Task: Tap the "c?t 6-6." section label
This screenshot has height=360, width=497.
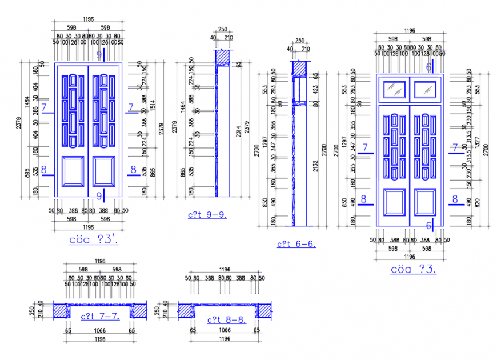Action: (297, 244)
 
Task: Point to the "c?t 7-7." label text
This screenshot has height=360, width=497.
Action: (99, 316)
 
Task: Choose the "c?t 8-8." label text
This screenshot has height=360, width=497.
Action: (226, 320)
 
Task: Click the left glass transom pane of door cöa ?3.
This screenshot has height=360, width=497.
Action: (395, 89)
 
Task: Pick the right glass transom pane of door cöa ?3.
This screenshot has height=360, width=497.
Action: (425, 89)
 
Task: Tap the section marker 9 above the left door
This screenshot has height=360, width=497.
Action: (99, 55)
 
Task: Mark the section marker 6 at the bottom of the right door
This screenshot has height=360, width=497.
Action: (428, 225)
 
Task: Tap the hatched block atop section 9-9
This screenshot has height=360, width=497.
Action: (222, 57)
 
